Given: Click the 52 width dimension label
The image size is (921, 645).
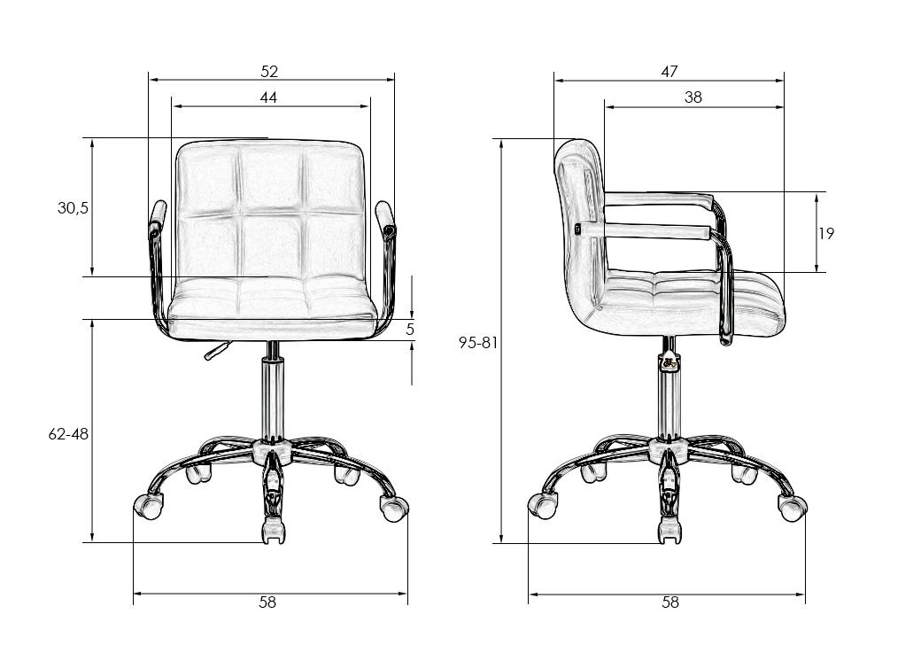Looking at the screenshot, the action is [269, 71].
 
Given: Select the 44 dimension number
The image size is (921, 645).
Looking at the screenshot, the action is [268, 97].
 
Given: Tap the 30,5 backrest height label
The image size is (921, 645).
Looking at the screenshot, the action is [73, 207].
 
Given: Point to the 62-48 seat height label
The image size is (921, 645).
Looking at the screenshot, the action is [68, 434].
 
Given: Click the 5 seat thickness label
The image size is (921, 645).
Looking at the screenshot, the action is [410, 329].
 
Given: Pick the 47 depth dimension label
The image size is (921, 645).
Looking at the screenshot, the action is [669, 71].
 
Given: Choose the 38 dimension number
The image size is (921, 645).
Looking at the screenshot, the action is [693, 97].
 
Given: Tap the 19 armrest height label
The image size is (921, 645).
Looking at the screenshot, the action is [826, 233].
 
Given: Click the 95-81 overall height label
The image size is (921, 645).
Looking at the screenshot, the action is [478, 343].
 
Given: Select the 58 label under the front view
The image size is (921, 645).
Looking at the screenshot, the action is [267, 602].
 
